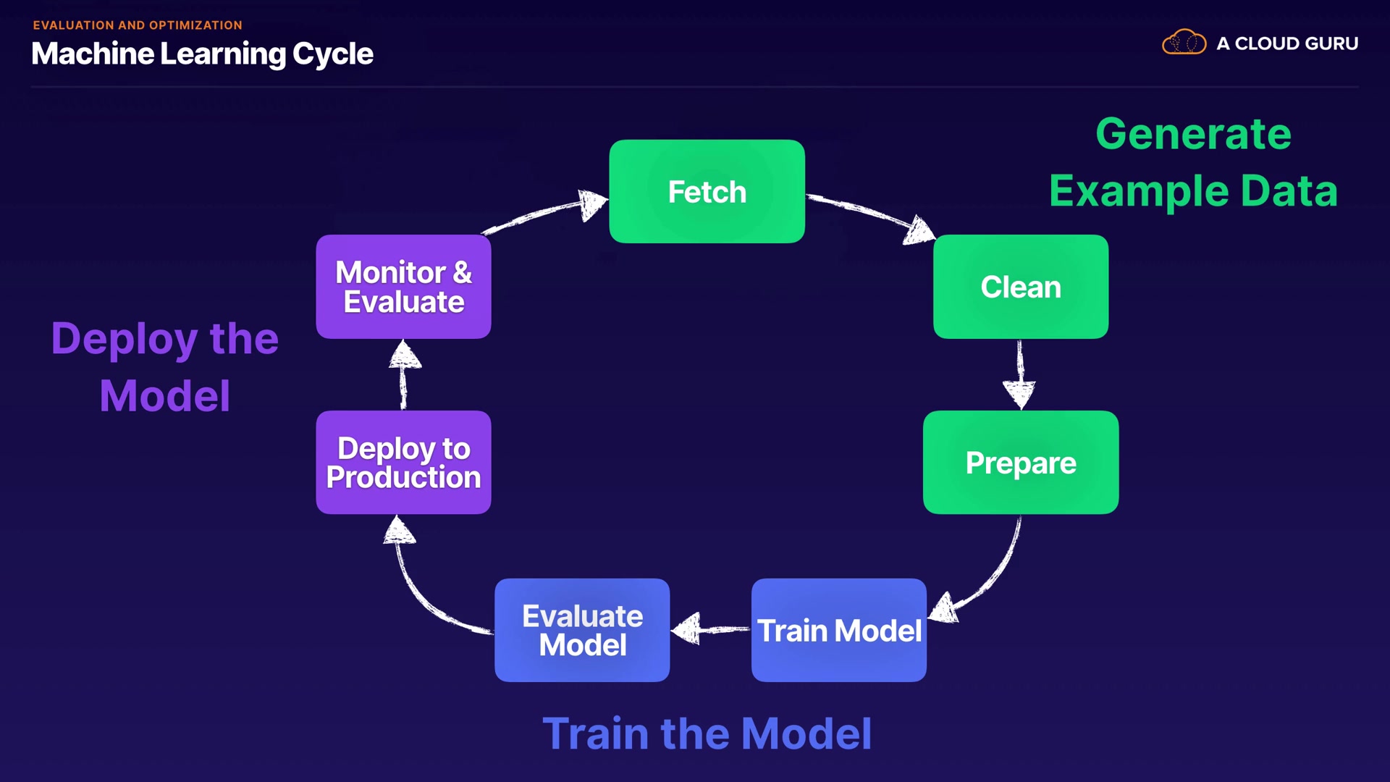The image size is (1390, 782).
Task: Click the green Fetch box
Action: click(x=707, y=191)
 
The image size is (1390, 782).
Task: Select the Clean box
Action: click(x=1020, y=287)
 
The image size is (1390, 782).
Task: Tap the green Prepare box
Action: click(x=1020, y=463)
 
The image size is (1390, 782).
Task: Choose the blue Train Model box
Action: click(x=838, y=630)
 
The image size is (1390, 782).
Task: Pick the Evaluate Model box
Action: click(x=582, y=630)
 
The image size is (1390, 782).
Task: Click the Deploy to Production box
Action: click(x=403, y=463)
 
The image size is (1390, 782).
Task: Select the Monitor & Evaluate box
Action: click(x=403, y=287)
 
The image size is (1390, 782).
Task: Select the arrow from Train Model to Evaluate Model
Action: click(x=709, y=628)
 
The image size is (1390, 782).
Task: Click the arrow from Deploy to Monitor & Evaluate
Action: click(x=404, y=374)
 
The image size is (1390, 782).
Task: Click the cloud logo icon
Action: click(x=1184, y=43)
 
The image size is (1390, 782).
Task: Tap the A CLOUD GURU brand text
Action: click(x=1286, y=43)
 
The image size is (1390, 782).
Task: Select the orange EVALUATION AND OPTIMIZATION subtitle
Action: click(x=138, y=25)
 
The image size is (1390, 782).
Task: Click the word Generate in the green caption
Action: click(x=1193, y=134)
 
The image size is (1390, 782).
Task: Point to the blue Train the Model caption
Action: click(x=707, y=733)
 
